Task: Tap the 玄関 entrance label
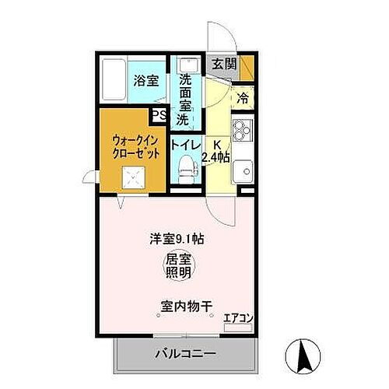[x=224, y=65]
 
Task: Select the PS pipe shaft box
[x=159, y=116]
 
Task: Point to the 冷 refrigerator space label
[x=244, y=99]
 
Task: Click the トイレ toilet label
[x=187, y=145]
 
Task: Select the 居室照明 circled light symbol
[x=180, y=265]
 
